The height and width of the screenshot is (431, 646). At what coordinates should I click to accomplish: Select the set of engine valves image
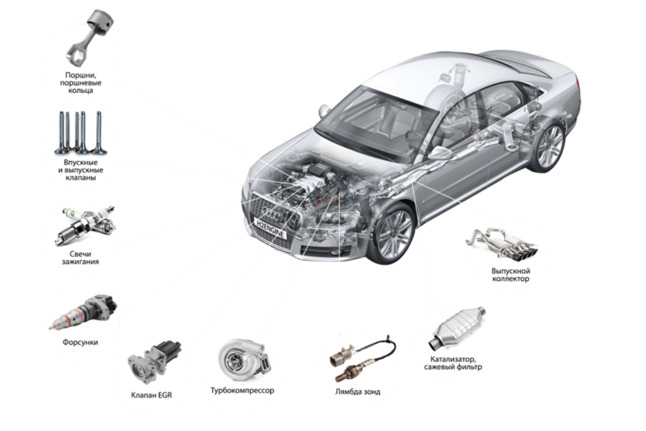point(81,132)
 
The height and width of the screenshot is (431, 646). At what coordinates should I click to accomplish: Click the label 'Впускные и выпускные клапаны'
point(81,170)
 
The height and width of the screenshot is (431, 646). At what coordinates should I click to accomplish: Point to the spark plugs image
point(85,226)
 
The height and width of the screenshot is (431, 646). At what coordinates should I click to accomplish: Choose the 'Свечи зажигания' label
point(81,257)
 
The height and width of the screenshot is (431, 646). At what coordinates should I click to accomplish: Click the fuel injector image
point(83,312)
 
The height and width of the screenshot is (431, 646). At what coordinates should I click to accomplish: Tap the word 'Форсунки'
point(81,342)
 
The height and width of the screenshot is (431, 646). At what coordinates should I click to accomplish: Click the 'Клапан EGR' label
point(151,395)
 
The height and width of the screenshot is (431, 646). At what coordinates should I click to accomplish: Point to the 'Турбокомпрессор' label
point(242,390)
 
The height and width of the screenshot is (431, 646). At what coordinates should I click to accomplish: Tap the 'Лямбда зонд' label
point(357,392)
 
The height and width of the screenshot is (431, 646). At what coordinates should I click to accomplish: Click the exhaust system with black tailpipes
point(502,243)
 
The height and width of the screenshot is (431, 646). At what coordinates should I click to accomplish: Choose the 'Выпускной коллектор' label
point(510,275)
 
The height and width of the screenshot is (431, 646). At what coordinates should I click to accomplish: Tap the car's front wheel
point(392,233)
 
